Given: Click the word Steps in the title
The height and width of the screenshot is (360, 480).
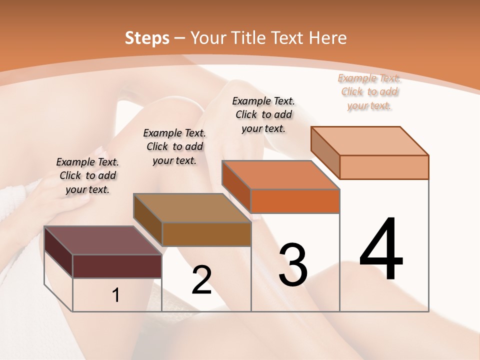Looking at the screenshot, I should pos(147,38).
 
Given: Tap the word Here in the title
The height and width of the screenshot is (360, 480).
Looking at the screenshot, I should pos(327,38).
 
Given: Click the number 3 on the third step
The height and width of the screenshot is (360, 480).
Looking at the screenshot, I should pos(293,264).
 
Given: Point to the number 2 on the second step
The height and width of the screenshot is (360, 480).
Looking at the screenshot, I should pos(201,280).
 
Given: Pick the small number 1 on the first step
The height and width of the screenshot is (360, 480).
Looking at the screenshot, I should pos(116,295).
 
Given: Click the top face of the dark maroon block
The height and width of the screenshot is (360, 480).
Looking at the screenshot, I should pos(102,240).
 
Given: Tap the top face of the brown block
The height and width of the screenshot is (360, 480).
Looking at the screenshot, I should pos(191,207).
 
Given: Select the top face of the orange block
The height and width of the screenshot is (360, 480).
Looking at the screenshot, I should pos(280,175).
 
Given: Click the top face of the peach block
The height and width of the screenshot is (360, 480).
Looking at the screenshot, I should pos(369,141).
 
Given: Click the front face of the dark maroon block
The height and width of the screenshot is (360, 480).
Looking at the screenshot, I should pos(117,266).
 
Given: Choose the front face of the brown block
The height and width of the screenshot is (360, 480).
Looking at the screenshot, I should pos(206,234).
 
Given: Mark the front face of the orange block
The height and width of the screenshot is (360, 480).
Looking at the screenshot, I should pos(295,201).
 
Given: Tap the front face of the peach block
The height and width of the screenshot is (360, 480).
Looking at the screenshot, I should pos(384,167).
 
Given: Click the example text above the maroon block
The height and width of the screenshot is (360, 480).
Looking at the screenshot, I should pos(88,175).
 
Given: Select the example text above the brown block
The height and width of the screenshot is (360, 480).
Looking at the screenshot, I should pos(174,146).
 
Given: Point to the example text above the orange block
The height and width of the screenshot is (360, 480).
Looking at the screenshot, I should pos(263,114).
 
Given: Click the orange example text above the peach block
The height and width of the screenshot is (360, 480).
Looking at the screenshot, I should pos(369,91).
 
